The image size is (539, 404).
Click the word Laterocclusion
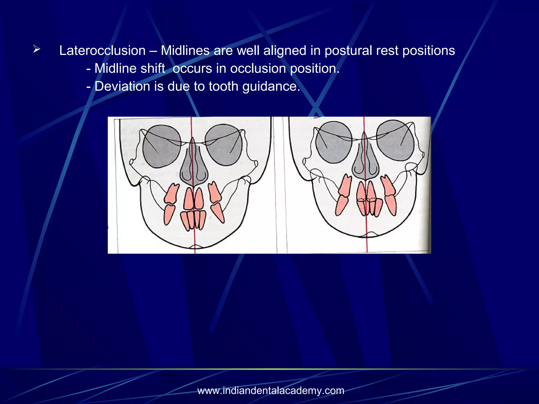[102, 50]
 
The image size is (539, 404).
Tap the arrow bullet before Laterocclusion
[37, 49]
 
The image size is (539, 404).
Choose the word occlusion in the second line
[258, 68]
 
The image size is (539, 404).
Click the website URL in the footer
[271, 391]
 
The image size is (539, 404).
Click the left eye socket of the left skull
[162, 146]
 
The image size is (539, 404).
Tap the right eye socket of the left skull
[224, 145]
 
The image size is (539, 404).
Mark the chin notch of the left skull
[195, 247]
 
